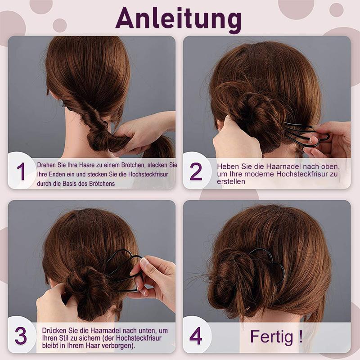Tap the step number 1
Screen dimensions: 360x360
point(21,172)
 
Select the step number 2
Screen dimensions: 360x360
point(196,172)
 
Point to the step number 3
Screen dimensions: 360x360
point(21,336)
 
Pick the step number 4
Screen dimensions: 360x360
point(196,336)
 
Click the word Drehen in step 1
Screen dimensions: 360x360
point(47,165)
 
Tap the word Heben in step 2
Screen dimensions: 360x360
point(227,166)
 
